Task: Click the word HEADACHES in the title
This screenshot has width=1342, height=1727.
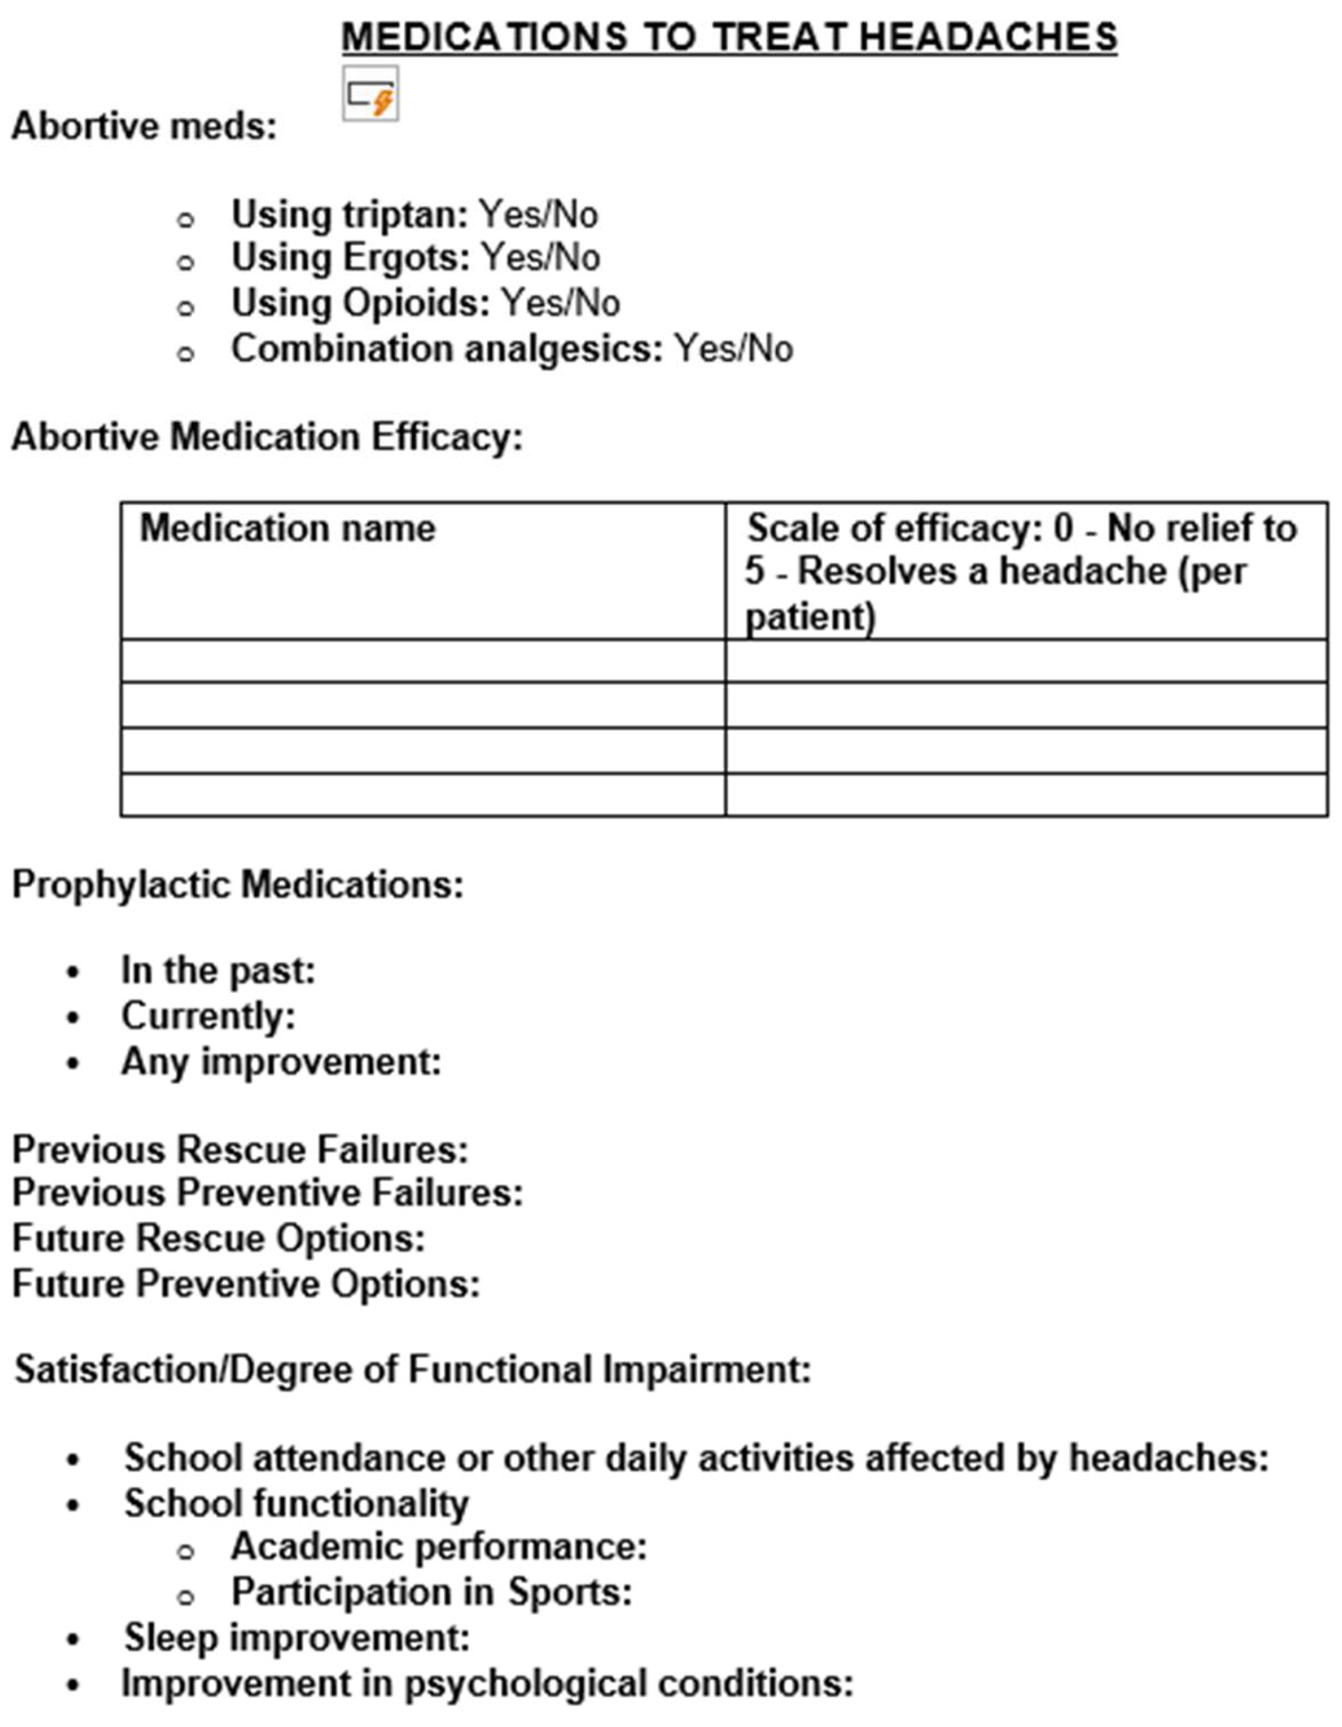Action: click(x=988, y=37)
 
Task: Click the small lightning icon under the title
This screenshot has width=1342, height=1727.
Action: click(x=370, y=95)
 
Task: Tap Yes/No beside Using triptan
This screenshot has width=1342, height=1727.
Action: click(x=539, y=214)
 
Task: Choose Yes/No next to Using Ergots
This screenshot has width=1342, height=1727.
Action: click(x=541, y=258)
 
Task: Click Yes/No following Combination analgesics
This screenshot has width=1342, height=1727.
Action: click(x=733, y=349)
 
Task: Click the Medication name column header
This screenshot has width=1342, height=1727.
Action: click(x=287, y=528)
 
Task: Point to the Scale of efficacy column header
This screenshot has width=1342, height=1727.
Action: click(x=1020, y=571)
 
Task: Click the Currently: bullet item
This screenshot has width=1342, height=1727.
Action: click(x=208, y=1016)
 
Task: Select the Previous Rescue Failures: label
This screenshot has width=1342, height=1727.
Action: click(x=240, y=1150)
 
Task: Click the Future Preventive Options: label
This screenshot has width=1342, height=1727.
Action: click(x=246, y=1284)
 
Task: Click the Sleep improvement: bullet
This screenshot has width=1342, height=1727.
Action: click(x=297, y=1637)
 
